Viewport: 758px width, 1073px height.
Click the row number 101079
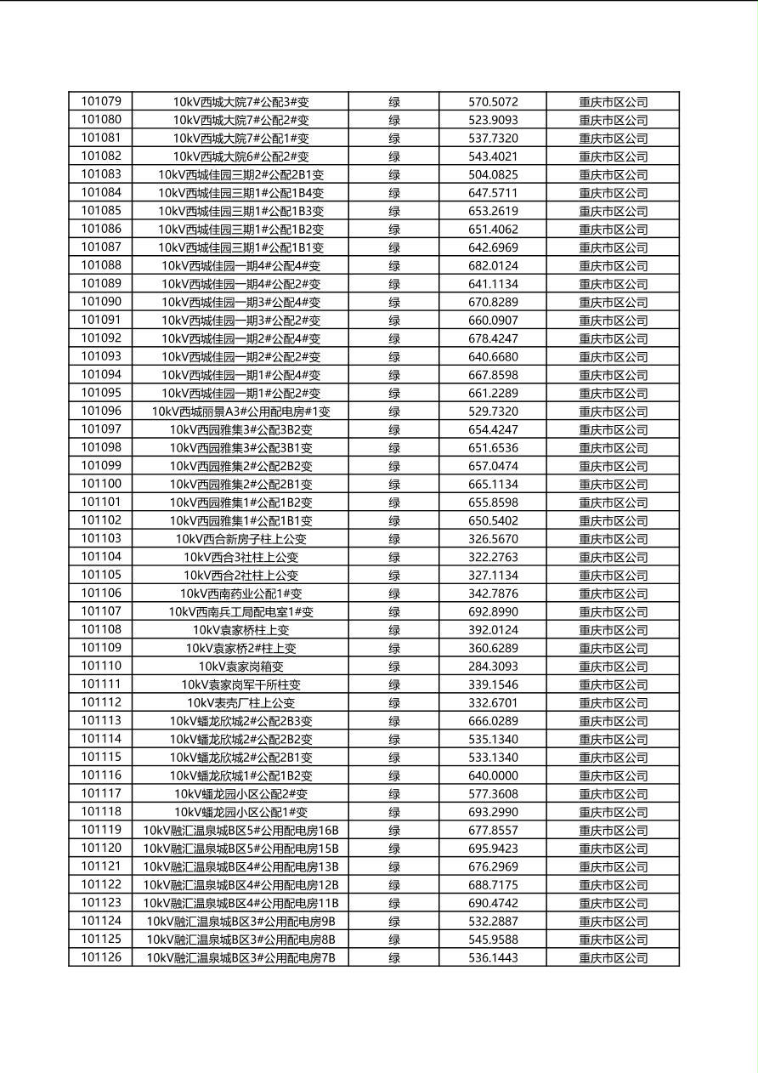(x=101, y=102)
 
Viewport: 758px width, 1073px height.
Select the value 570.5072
(x=493, y=102)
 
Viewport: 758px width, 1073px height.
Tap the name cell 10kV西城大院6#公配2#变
(x=240, y=156)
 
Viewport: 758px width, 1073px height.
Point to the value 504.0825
(x=493, y=174)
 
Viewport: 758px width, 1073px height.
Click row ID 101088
(x=101, y=265)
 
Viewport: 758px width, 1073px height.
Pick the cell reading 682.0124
(x=493, y=265)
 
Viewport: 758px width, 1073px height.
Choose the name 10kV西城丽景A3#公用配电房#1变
(x=240, y=412)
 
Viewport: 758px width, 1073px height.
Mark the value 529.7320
(x=493, y=412)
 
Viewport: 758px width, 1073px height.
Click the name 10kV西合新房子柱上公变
(x=240, y=539)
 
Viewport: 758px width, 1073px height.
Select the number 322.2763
(x=493, y=557)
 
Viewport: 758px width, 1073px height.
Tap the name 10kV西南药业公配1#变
(x=240, y=593)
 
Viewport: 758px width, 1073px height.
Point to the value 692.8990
(x=493, y=611)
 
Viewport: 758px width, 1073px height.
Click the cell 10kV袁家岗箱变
(x=240, y=667)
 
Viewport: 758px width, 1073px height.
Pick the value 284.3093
(x=493, y=667)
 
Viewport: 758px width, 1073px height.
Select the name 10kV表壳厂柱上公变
(x=240, y=703)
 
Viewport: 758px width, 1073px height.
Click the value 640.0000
(x=493, y=775)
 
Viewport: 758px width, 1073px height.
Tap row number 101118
(x=101, y=812)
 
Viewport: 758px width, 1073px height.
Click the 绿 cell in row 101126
(x=394, y=957)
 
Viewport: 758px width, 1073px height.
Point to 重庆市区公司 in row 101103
(x=613, y=539)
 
